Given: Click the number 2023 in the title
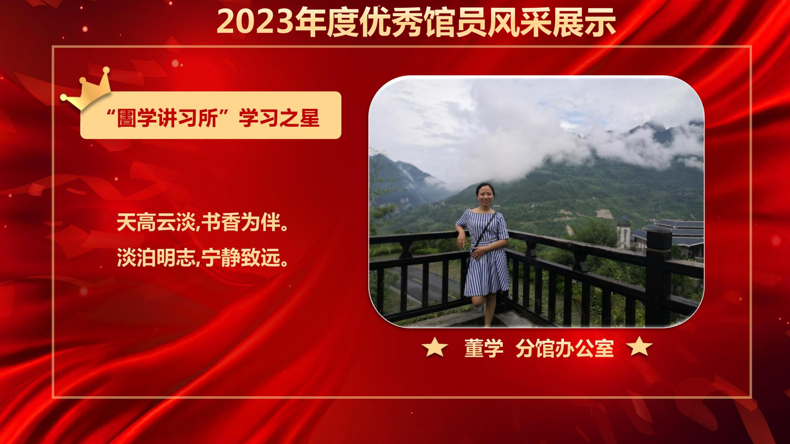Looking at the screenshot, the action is [x=256, y=22].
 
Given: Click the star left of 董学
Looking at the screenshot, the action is [x=435, y=348].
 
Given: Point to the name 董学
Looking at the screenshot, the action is [x=484, y=348].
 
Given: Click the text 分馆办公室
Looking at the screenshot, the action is [x=565, y=348].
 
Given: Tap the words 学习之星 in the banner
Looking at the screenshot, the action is [x=279, y=118].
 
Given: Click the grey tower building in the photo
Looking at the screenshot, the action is [x=623, y=232].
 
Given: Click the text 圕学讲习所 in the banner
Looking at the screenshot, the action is [x=166, y=118].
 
